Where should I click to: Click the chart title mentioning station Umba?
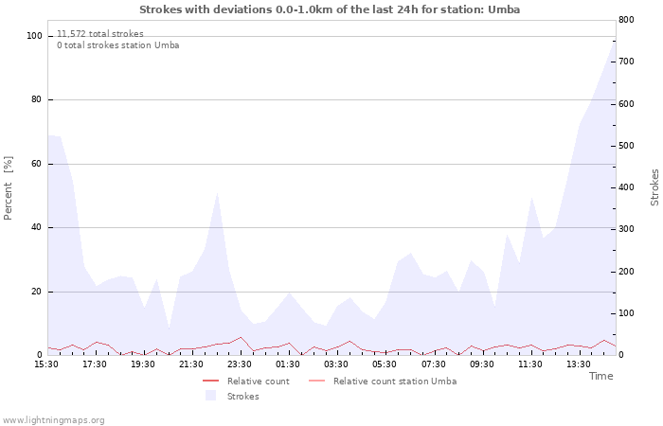330,9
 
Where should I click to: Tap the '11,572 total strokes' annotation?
100,34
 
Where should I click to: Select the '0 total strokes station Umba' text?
117,45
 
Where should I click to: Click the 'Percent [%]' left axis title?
9,188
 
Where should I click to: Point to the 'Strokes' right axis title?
654,187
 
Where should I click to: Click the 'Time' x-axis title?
600,376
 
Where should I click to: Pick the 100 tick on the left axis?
35,36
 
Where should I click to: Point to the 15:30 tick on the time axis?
47,364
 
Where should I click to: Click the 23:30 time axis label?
241,364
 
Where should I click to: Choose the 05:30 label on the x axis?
385,364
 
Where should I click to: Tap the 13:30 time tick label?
578,364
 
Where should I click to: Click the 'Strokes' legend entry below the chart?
242,397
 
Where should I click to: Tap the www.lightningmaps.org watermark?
54,419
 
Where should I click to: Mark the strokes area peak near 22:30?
218,192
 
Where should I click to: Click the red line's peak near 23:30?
241,337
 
